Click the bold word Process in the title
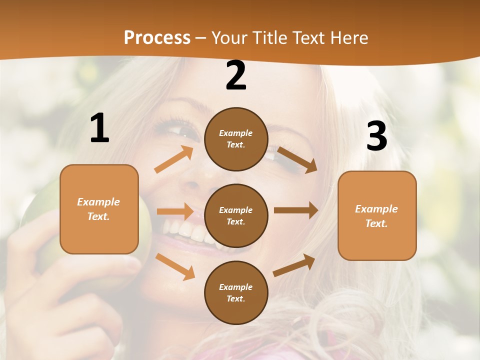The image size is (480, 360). (157, 37)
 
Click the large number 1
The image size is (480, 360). (99, 128)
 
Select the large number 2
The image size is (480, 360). (236, 75)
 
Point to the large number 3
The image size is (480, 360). (376, 136)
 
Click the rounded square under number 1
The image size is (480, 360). (99, 209)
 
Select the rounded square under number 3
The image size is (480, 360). (377, 215)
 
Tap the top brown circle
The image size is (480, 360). (236, 139)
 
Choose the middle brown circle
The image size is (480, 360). (236, 215)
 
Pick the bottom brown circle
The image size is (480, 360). (236, 292)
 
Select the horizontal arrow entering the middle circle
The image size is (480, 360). (175, 211)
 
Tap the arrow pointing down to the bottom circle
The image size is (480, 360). (175, 266)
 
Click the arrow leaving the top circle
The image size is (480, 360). (297, 160)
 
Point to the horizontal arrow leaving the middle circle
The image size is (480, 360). (296, 210)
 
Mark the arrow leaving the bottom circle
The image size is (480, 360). (294, 265)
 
